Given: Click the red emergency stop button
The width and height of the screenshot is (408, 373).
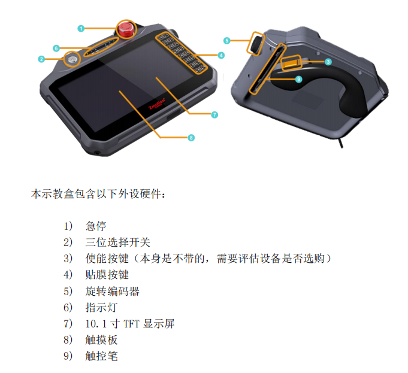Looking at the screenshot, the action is click(126, 29).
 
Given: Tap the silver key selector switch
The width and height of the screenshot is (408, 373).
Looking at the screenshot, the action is click(72, 59).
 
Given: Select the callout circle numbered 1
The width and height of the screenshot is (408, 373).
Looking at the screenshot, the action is click(81, 28).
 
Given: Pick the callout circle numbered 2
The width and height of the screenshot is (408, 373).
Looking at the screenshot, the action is click(41, 59).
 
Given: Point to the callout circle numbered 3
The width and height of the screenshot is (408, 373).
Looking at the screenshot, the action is click(328, 62).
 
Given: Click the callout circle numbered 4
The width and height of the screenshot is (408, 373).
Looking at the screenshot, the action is click(221, 55).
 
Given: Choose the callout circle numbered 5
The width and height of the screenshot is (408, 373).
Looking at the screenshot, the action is click(226, 41).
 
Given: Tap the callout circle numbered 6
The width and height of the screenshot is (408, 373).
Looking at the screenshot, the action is click(56, 48).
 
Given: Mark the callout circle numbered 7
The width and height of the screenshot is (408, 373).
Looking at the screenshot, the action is click(214, 115).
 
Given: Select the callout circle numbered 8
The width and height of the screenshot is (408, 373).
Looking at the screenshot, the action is click(191, 138).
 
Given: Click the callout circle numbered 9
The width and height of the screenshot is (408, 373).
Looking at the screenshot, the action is click(298, 79).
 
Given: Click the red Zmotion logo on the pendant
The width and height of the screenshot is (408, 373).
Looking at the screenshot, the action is click(157, 104).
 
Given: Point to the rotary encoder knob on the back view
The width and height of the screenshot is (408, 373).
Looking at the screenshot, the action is click(255, 44).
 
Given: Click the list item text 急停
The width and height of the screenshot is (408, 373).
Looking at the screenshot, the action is click(96, 226).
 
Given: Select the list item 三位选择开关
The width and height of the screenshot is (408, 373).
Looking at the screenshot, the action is click(117, 242).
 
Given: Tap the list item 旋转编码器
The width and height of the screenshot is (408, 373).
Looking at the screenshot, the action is click(112, 291).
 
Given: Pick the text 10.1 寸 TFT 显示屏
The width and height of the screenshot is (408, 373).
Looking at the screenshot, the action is click(130, 323).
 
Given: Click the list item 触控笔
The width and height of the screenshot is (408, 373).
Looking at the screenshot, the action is click(101, 356).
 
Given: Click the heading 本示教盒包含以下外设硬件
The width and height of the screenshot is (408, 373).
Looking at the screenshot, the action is click(98, 194).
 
